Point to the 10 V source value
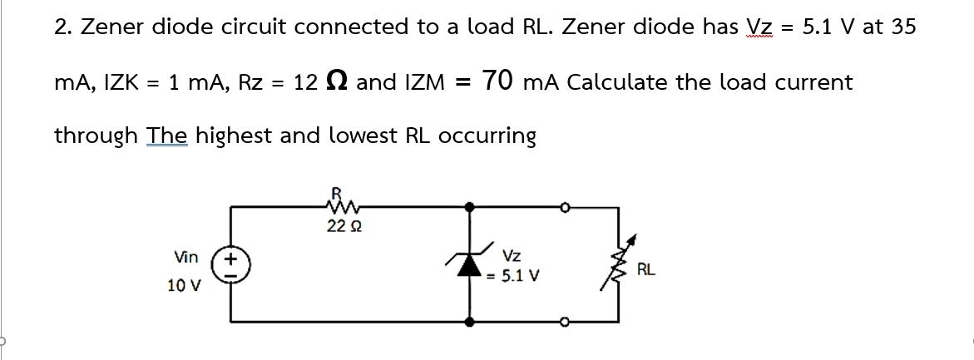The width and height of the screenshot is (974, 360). [x=184, y=285]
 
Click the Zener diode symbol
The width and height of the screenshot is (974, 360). [x=471, y=264]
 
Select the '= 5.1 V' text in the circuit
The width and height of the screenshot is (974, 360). [x=516, y=274]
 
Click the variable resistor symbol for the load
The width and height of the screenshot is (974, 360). [x=618, y=264]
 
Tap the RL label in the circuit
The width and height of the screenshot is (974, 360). [x=646, y=269]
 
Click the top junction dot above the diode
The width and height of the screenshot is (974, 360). [x=471, y=205]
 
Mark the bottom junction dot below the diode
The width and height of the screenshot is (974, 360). [x=471, y=320]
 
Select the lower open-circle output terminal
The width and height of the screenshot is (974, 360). [x=565, y=320]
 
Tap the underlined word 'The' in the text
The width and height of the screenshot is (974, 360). [x=168, y=135]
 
